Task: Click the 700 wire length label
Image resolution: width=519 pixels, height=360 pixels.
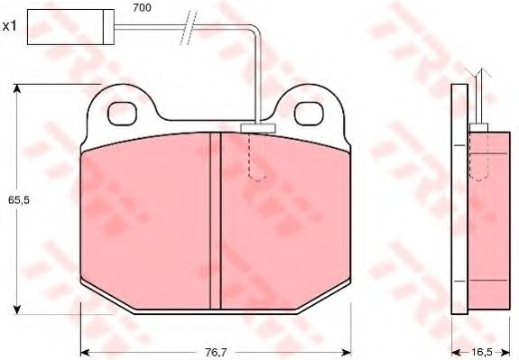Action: tap(142, 7)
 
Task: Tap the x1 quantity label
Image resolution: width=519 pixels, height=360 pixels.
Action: tap(10, 26)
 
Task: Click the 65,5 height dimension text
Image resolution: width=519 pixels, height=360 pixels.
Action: tap(19, 200)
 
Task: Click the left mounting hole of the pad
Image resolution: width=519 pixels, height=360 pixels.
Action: tap(122, 114)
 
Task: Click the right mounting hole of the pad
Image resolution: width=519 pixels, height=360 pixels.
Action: tap(309, 114)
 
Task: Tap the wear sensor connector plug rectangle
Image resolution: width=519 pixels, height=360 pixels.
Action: tap(70, 27)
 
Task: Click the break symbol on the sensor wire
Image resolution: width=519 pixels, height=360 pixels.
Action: tap(189, 28)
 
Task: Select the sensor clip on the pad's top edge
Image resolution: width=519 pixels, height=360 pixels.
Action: tap(258, 128)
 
